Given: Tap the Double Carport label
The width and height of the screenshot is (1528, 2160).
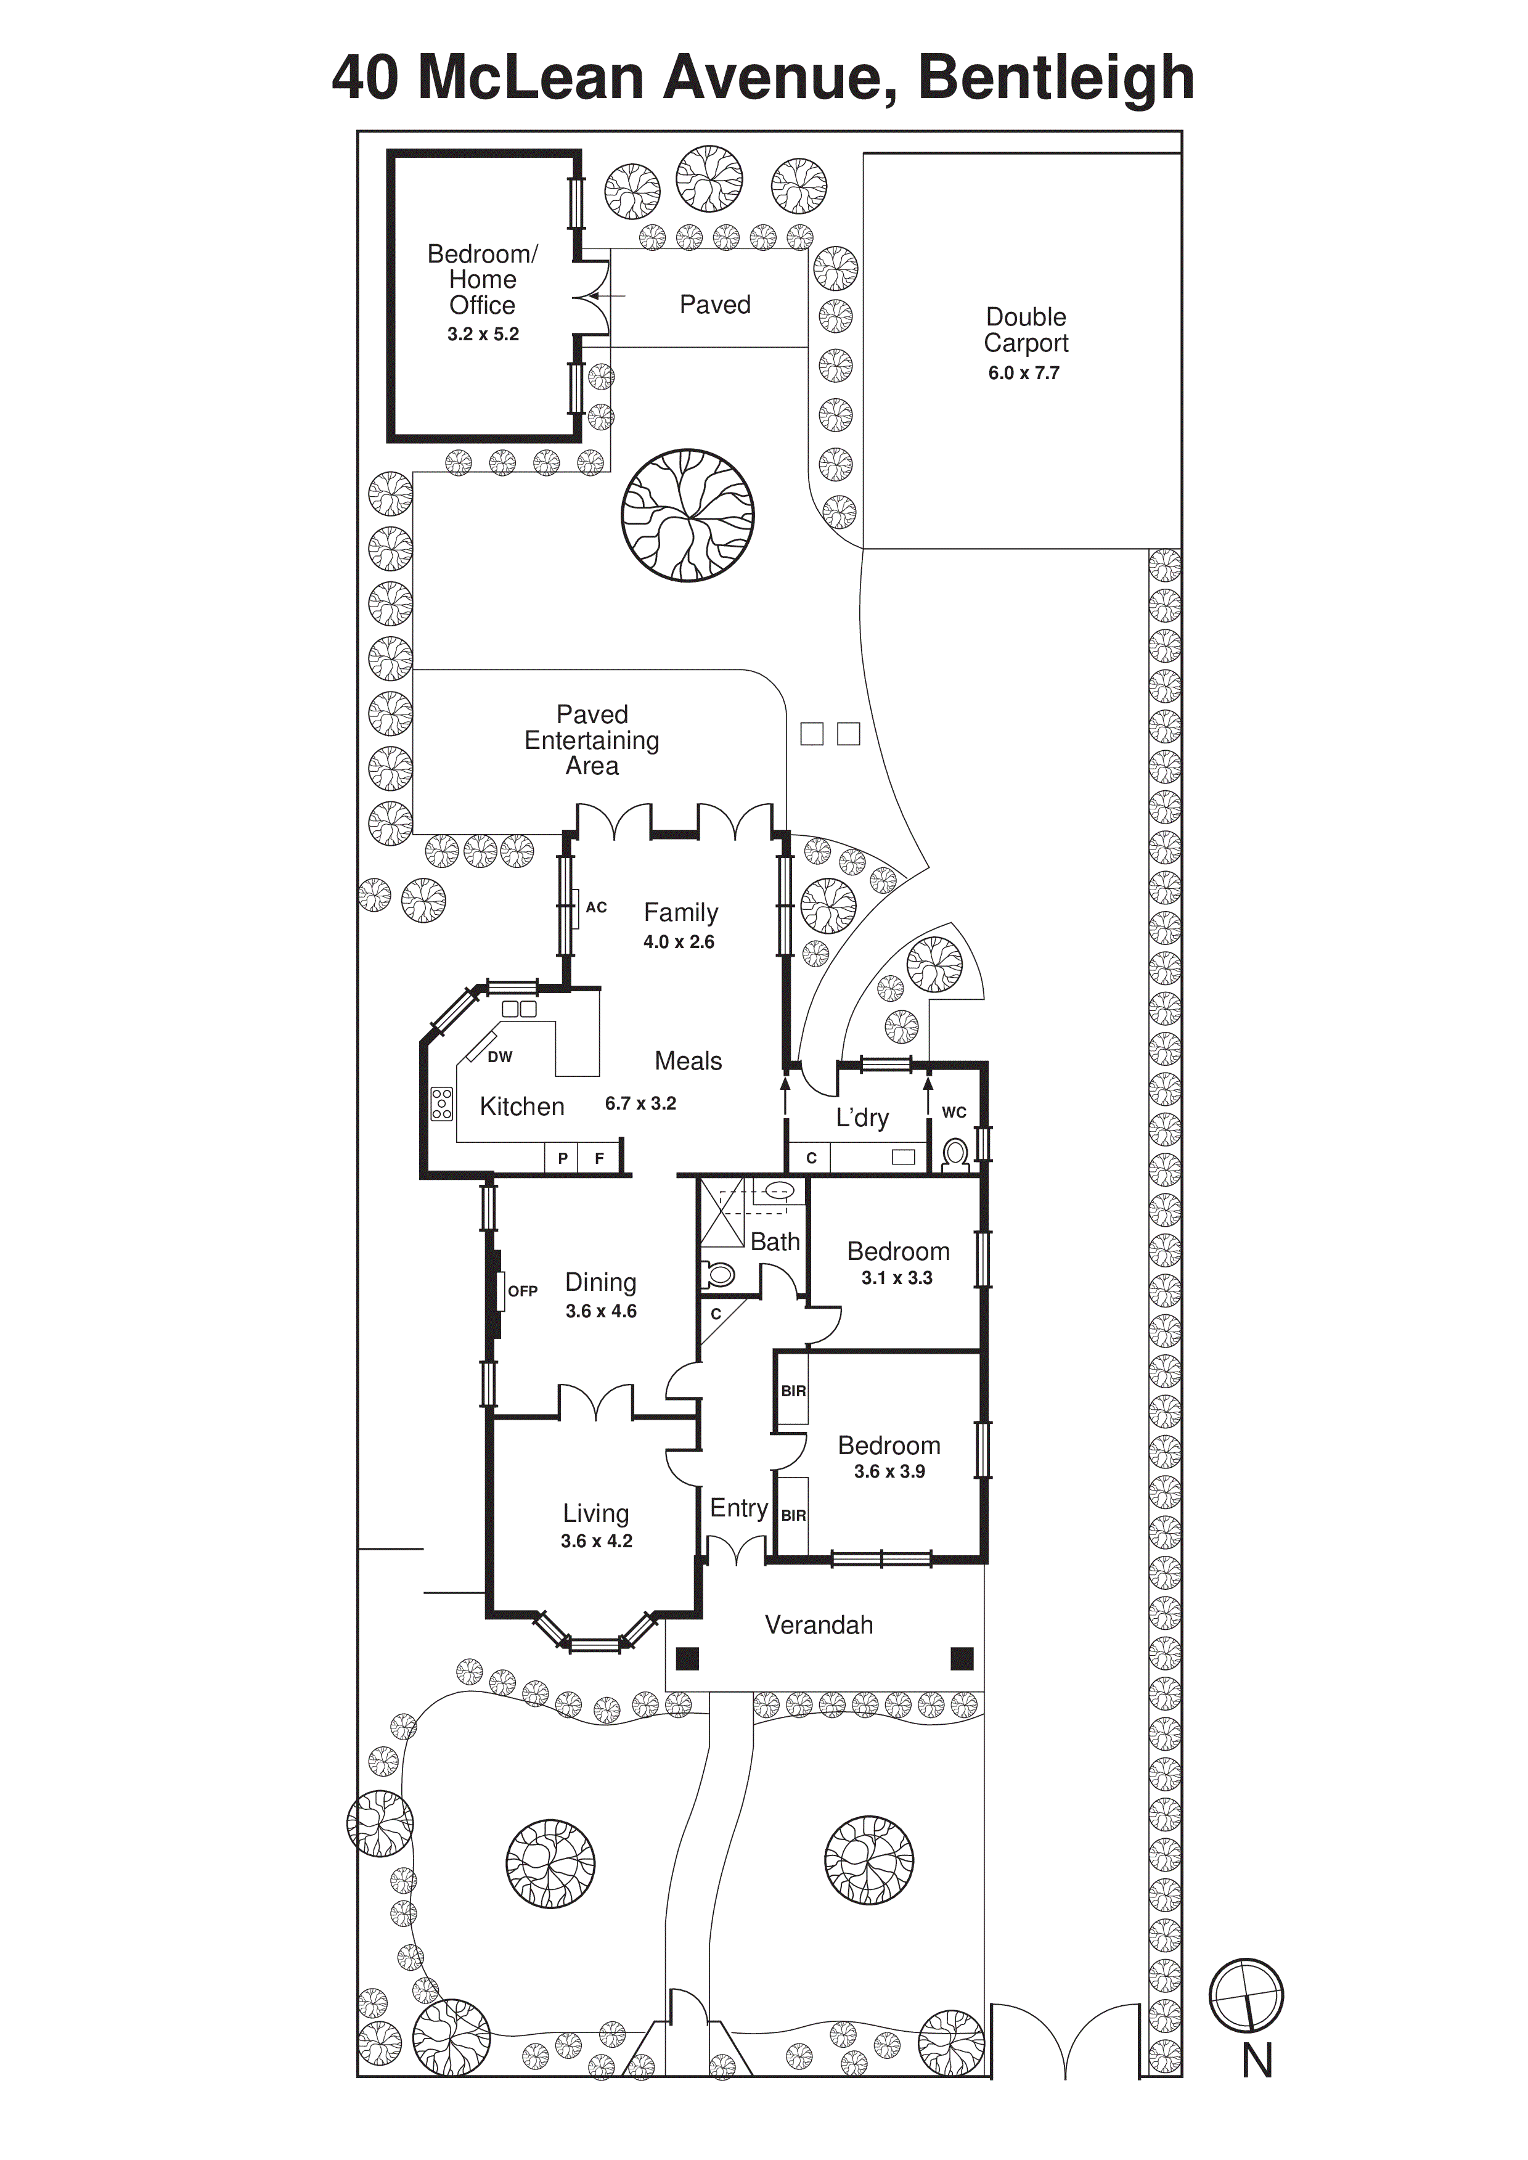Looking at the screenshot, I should [x=1026, y=330].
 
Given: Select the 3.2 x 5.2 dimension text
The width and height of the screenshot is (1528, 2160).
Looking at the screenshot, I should [x=483, y=334].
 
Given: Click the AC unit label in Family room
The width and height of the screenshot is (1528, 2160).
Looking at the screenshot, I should [x=597, y=907].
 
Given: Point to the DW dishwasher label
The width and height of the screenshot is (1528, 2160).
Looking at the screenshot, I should [x=500, y=1057].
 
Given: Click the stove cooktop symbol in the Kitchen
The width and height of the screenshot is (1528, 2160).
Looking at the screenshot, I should [x=441, y=1103].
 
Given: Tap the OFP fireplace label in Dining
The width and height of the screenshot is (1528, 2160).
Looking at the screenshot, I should [x=522, y=1291].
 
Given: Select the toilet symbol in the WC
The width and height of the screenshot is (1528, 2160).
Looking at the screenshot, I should [x=955, y=1155].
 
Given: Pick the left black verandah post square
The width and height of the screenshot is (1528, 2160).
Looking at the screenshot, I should [x=688, y=1658].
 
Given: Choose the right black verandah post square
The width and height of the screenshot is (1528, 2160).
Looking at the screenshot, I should [x=962, y=1658].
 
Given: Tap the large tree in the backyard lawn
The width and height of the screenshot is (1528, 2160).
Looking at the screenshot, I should [x=688, y=515].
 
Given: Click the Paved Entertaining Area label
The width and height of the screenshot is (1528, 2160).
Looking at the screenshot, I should [x=592, y=740].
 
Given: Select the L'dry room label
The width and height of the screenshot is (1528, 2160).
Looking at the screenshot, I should [x=862, y=1118].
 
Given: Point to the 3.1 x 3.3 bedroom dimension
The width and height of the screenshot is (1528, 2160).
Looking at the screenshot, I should [x=897, y=1277].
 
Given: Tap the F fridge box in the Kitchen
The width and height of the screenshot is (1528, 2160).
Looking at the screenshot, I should [x=599, y=1158].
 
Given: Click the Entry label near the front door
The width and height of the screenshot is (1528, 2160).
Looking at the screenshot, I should [x=738, y=1508].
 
